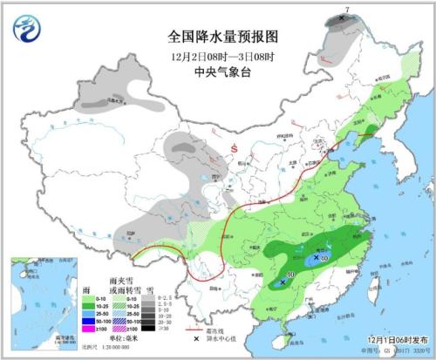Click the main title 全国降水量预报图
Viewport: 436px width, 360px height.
(x=221, y=37)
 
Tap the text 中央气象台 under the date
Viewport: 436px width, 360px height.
(x=221, y=73)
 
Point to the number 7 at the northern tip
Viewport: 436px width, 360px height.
(x=347, y=10)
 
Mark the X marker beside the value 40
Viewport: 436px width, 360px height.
(x=315, y=257)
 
